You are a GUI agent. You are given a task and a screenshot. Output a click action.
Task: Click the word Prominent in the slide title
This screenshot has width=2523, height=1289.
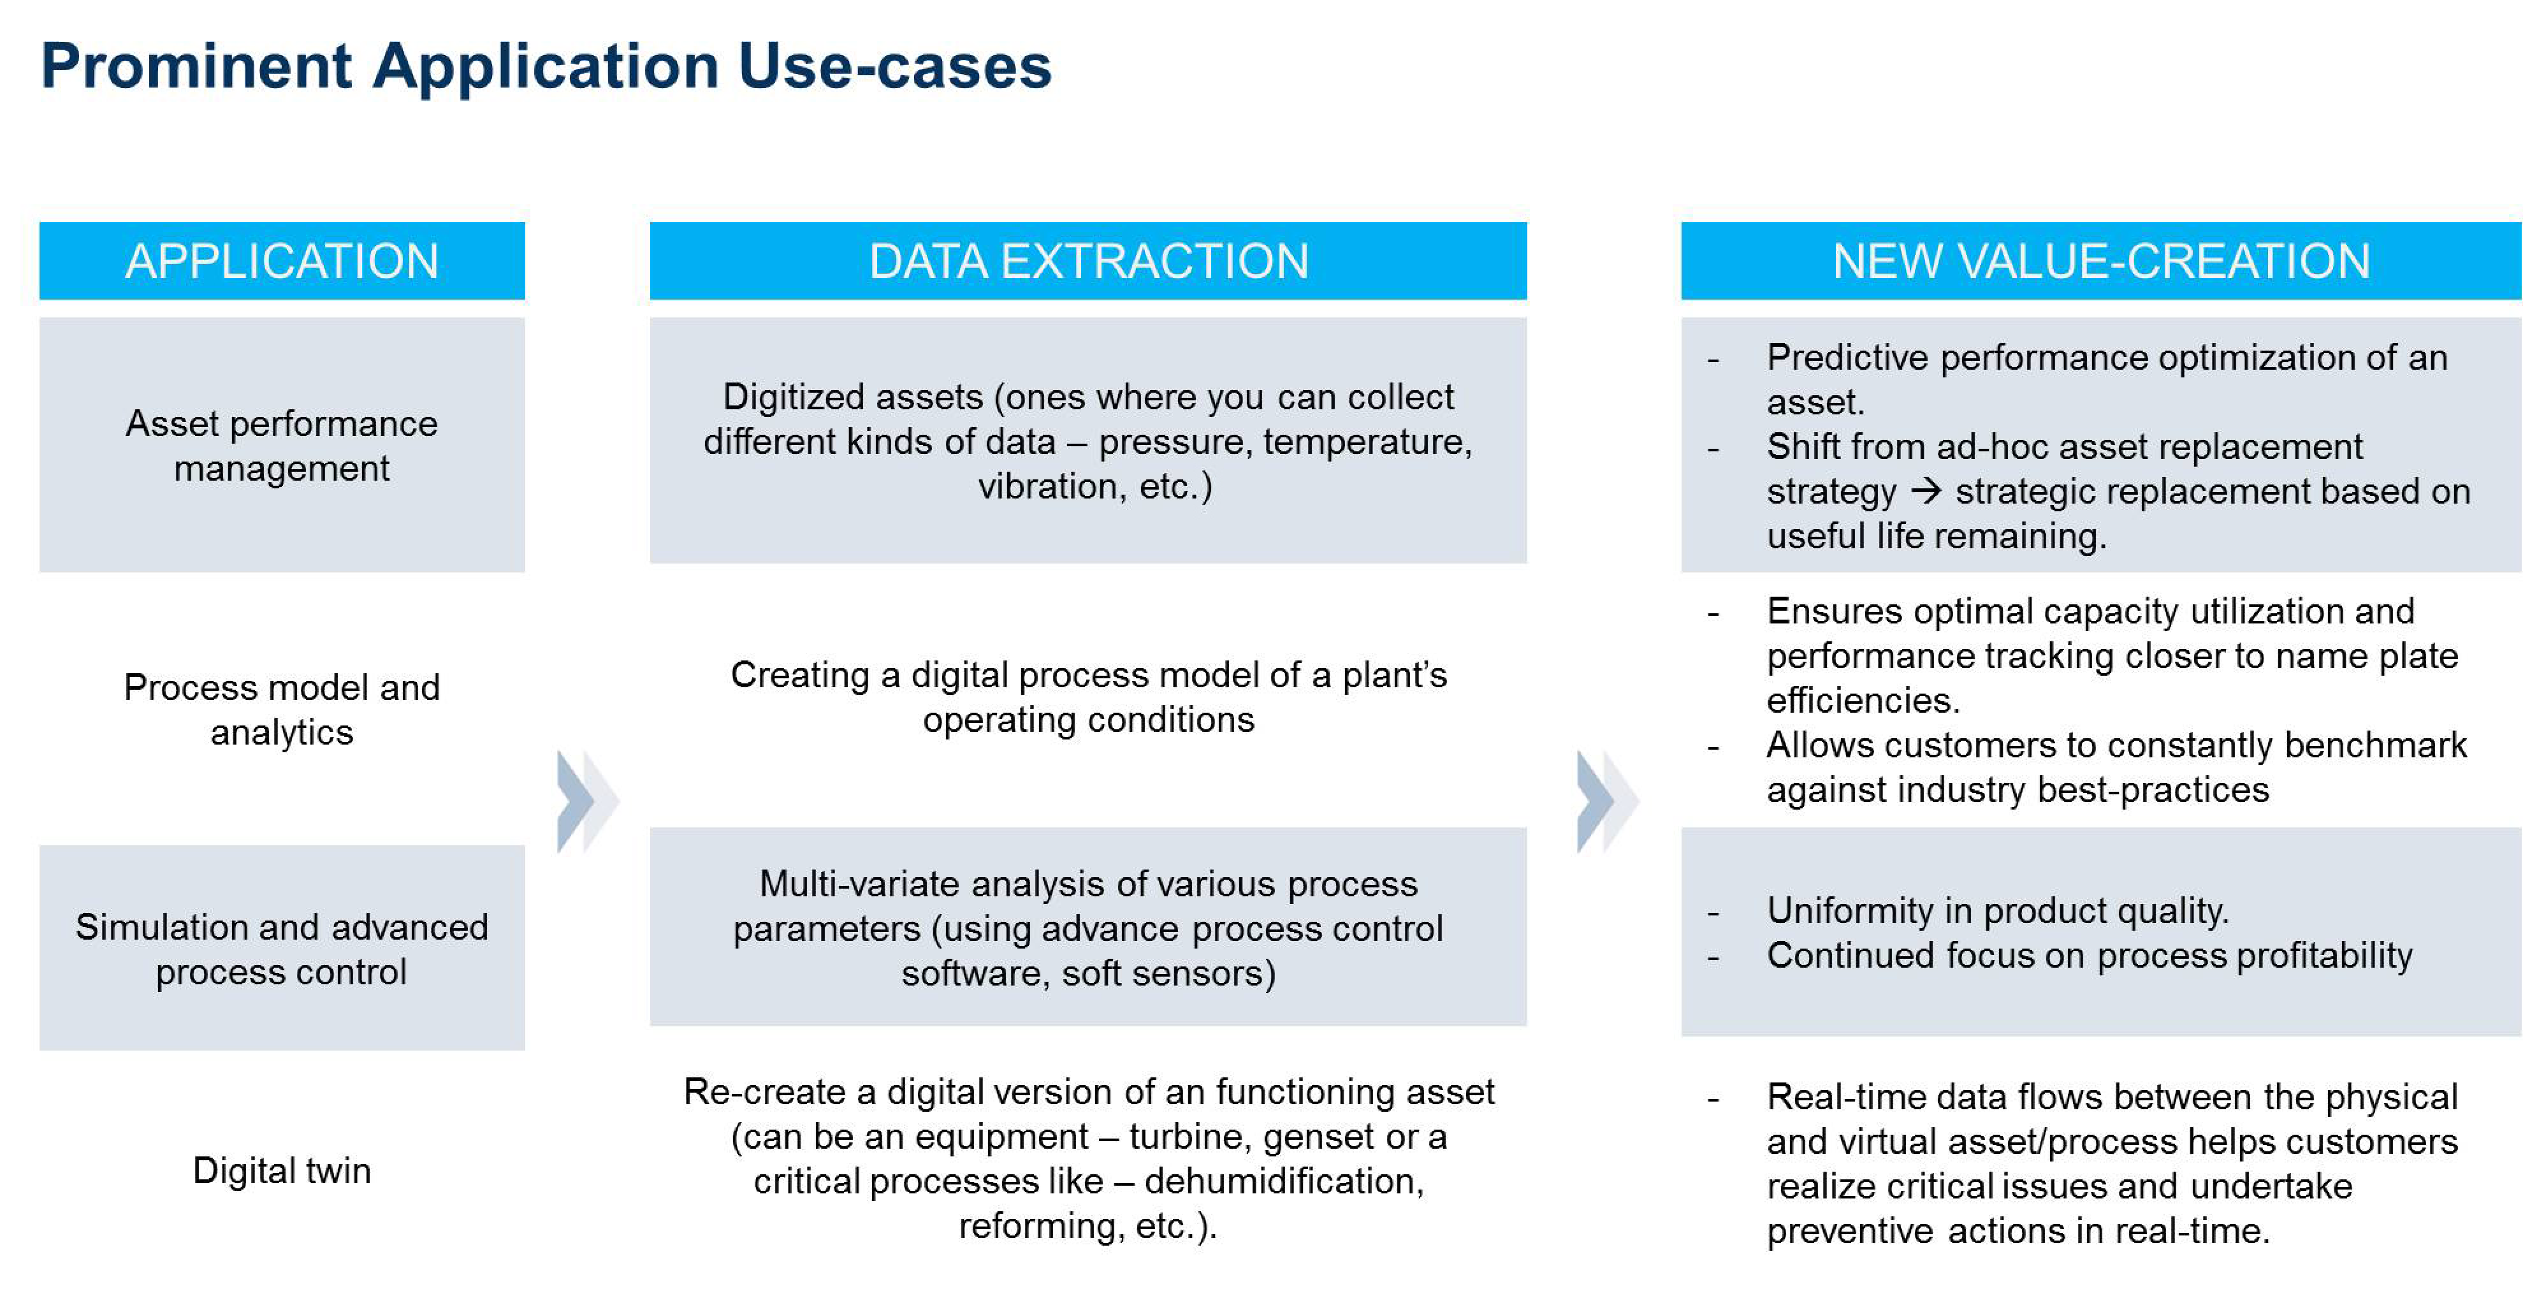click(x=196, y=66)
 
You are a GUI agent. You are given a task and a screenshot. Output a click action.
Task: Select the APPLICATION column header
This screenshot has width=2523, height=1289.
click(x=282, y=261)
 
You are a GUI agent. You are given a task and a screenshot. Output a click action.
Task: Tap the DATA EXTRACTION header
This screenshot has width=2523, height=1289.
click(x=1088, y=261)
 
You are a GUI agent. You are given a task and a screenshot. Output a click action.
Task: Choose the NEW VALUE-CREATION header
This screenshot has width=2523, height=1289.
click(x=2101, y=261)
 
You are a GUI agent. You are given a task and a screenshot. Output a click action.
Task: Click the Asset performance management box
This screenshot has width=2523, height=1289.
click(x=282, y=445)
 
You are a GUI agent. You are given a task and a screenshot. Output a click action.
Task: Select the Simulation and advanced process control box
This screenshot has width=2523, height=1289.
click(x=282, y=948)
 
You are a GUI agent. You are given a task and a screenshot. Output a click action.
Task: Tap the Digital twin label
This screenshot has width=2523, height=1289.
click(x=282, y=1170)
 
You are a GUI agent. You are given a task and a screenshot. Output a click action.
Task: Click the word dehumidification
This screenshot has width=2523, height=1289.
click(x=1284, y=1181)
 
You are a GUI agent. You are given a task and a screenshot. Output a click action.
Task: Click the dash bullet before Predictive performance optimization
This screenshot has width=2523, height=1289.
click(x=1713, y=360)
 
